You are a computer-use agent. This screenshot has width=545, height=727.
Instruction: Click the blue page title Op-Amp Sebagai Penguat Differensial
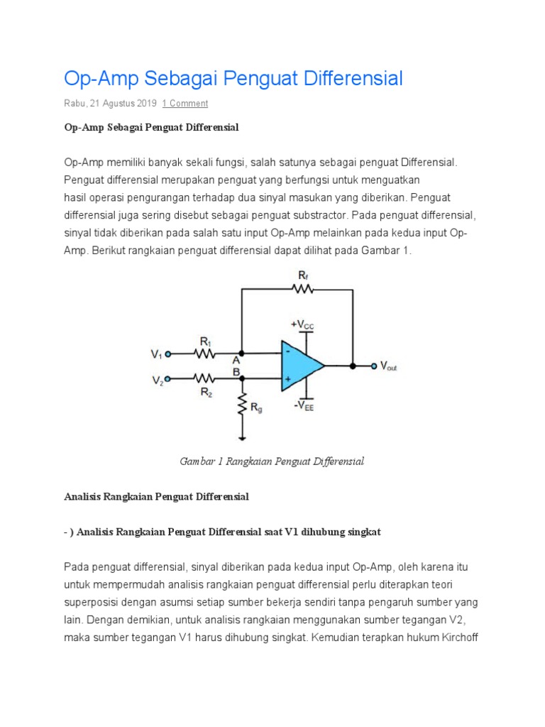pyautogui.click(x=233, y=78)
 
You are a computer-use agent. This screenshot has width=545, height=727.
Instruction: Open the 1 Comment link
pyautogui.click(x=185, y=104)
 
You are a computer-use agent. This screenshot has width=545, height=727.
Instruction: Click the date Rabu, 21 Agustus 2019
pyautogui.click(x=110, y=104)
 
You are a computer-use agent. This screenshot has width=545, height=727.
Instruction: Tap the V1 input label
pyautogui.click(x=157, y=354)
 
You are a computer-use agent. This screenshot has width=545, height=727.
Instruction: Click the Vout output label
pyautogui.click(x=389, y=366)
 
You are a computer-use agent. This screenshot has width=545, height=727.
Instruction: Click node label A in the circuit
pyautogui.click(x=236, y=360)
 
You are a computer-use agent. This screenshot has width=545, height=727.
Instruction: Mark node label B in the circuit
pyautogui.click(x=236, y=370)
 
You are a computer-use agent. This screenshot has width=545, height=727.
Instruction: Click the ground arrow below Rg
pyautogui.click(x=243, y=434)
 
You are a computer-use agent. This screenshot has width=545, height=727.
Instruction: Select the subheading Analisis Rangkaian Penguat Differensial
pyautogui.click(x=156, y=497)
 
